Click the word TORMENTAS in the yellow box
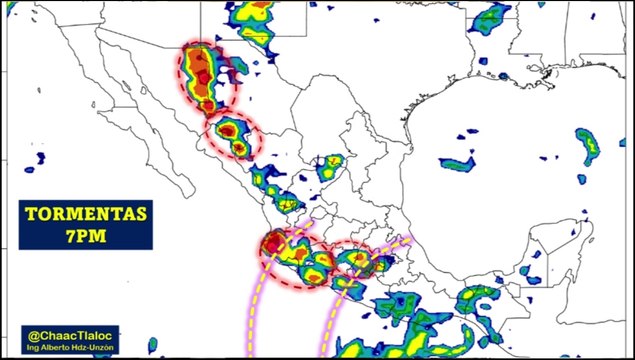(x=86, y=214)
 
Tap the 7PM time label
(x=86, y=235)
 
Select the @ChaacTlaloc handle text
(x=72, y=335)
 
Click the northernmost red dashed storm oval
(x=208, y=78)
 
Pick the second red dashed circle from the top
(x=232, y=135)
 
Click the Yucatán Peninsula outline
(x=545, y=250)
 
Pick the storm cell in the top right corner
(x=490, y=17)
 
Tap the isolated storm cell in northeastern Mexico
(x=330, y=166)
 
